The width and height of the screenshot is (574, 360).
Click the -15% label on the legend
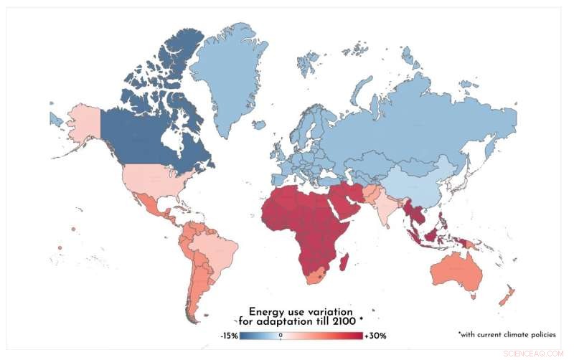[230, 335]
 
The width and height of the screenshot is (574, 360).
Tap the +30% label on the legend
[375, 335]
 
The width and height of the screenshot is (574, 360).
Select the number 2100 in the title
[347, 322]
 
